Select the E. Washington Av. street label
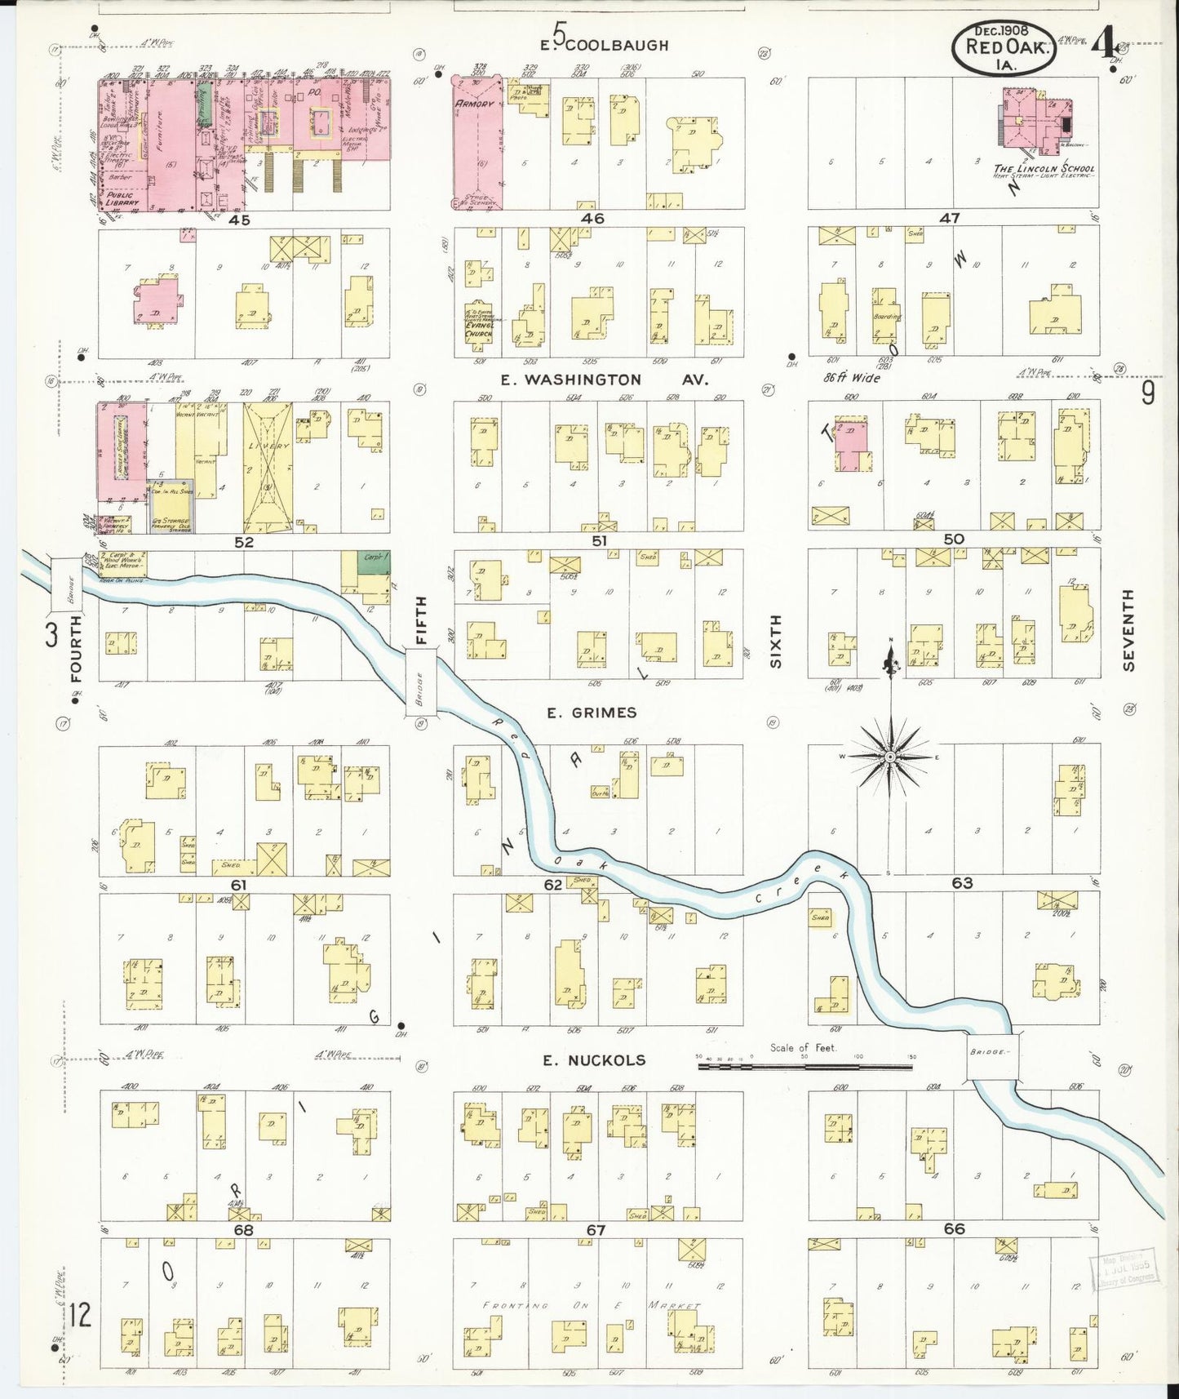click(x=605, y=380)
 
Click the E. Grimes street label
click(x=592, y=713)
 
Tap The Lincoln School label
click(x=1044, y=169)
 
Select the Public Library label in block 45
click(x=122, y=199)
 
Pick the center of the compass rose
click(x=890, y=757)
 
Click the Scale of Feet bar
click(x=804, y=1065)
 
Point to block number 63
click(x=962, y=882)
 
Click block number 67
click(x=596, y=1230)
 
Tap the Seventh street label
click(x=1129, y=630)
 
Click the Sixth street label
click(x=775, y=641)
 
